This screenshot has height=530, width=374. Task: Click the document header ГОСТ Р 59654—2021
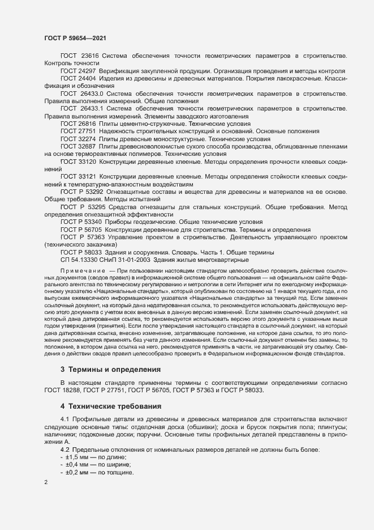point(75,37)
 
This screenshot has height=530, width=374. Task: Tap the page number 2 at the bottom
point(46,483)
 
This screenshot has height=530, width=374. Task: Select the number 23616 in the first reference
point(91,56)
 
